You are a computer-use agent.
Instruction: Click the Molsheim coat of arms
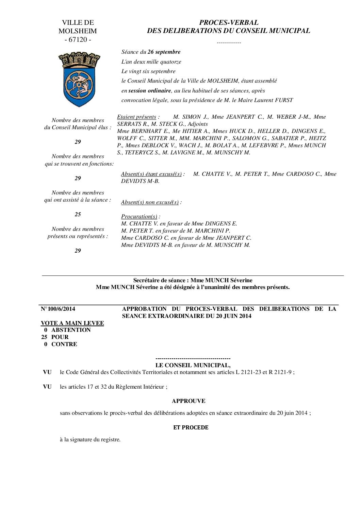click(x=78, y=79)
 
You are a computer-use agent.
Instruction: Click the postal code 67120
click(x=78, y=39)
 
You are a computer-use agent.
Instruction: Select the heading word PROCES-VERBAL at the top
click(x=228, y=23)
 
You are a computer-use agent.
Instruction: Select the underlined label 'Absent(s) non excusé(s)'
click(x=150, y=202)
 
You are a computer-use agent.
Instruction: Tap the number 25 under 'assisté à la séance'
click(x=78, y=214)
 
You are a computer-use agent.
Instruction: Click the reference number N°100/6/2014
click(x=58, y=309)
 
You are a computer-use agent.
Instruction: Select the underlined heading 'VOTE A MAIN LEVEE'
click(x=72, y=323)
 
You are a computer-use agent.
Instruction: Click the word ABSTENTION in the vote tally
click(x=71, y=330)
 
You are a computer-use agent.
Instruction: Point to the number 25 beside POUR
click(x=45, y=337)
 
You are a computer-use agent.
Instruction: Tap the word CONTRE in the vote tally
click(x=64, y=344)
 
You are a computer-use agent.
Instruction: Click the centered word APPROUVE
click(x=189, y=401)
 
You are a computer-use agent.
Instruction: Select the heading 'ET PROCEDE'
click(x=191, y=427)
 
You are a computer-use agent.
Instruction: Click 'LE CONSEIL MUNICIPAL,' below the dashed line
click(x=193, y=365)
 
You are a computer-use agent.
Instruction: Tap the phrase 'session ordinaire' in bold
click(x=149, y=91)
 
